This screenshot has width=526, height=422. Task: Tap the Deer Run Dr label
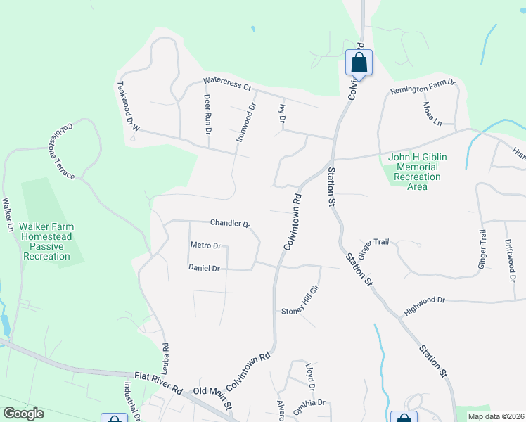tap(207, 111)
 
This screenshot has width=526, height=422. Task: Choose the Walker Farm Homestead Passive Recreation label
tap(46, 241)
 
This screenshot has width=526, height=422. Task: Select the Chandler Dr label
tap(230, 224)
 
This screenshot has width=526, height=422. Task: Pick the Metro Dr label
tap(206, 245)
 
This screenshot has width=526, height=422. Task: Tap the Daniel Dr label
tap(205, 268)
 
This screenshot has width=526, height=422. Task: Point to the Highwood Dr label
tap(425, 305)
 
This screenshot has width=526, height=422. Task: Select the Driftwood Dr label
tap(510, 259)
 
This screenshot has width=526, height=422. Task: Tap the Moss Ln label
tap(432, 113)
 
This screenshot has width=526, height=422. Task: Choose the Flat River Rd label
tap(159, 385)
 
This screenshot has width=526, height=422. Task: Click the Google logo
tap(23, 414)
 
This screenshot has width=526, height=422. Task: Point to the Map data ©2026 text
tap(495, 416)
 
